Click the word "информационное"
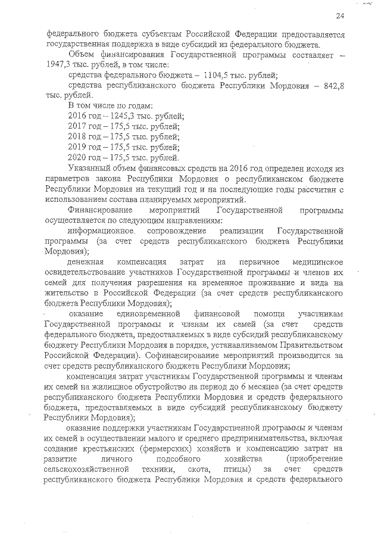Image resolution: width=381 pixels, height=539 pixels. (100, 231)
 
